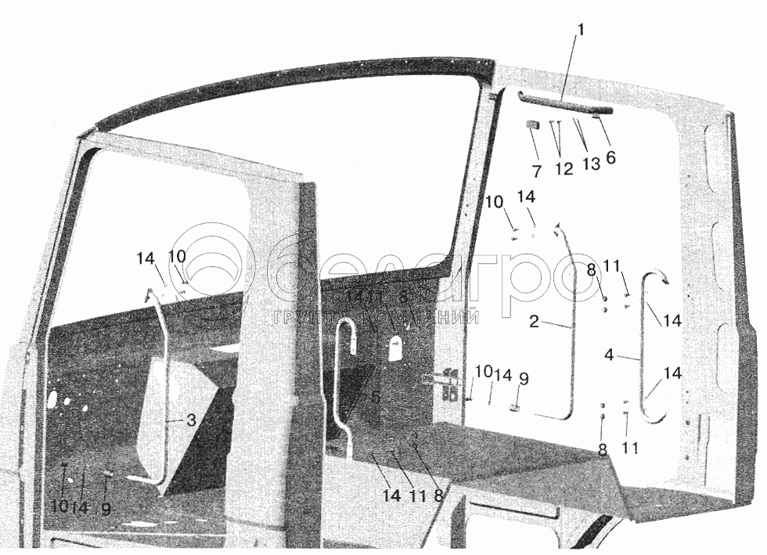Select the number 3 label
click(190, 420)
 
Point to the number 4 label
click(609, 354)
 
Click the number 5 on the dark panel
click(376, 397)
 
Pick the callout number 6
click(610, 157)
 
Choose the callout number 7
click(537, 170)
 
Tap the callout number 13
click(591, 165)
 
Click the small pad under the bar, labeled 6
click(596, 117)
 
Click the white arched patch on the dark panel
click(397, 348)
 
